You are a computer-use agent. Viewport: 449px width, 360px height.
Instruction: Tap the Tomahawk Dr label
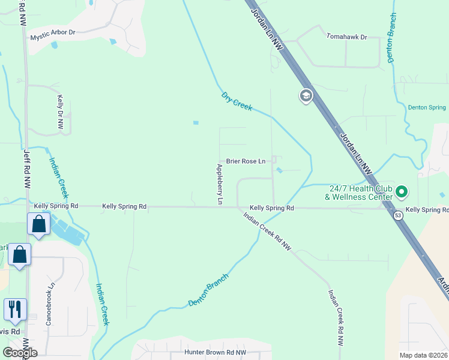[x=346, y=37]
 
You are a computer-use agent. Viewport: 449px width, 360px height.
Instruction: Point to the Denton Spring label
[x=427, y=107]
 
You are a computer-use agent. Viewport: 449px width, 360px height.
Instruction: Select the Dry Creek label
[x=237, y=100]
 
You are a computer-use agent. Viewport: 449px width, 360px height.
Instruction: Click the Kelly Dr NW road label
[x=60, y=112]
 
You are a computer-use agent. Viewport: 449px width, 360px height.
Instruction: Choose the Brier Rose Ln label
[x=246, y=161]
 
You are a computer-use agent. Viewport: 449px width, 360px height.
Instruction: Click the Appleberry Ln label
[x=220, y=184]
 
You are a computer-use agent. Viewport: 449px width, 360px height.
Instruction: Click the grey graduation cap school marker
[x=306, y=96]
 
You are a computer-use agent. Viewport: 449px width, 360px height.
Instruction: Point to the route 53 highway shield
[x=398, y=215]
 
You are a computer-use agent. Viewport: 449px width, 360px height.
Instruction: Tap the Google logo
[x=20, y=353]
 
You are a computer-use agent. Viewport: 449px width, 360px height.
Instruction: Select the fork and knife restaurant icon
[x=15, y=308]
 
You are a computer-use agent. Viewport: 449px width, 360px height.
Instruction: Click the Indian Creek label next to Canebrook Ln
[x=103, y=304]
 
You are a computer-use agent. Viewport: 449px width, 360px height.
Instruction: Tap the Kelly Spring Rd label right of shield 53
[x=427, y=210]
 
